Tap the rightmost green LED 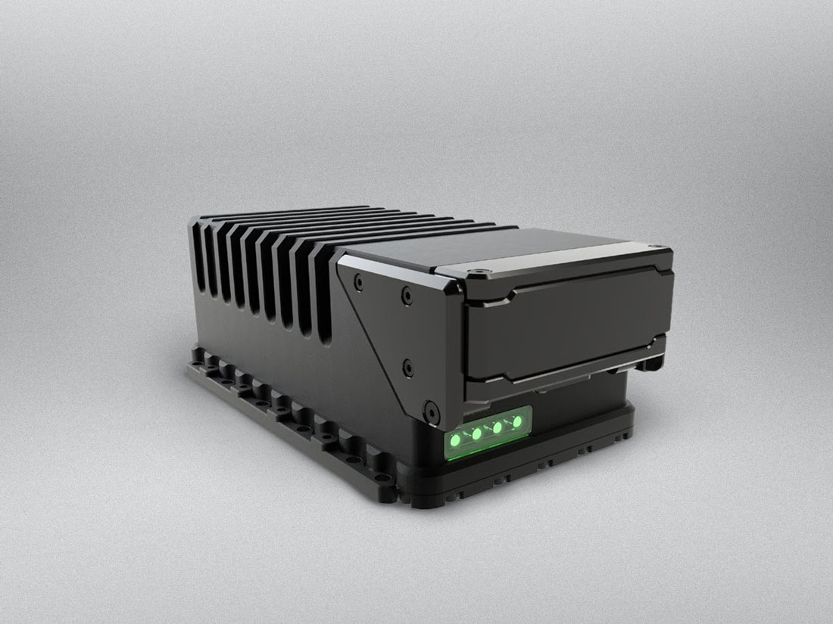pyautogui.click(x=518, y=421)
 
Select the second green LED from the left pyautogui.click(x=477, y=433)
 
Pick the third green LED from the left pyautogui.click(x=498, y=427)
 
